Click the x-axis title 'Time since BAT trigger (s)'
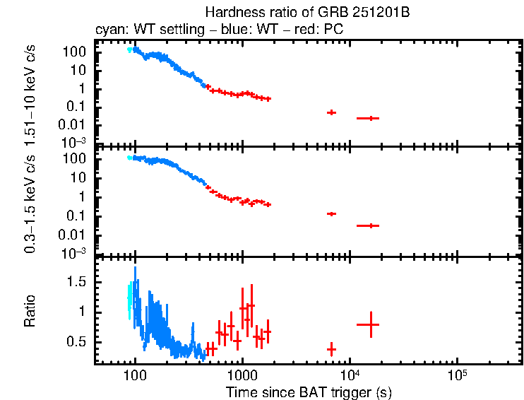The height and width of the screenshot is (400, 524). (x=309, y=392)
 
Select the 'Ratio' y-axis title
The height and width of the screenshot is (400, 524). (x=30, y=311)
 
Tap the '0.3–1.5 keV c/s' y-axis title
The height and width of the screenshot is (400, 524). (x=30, y=201)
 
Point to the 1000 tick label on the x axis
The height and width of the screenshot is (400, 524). (x=242, y=375)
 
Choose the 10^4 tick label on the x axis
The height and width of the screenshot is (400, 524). (x=350, y=373)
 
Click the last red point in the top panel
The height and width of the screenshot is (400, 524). (x=368, y=118)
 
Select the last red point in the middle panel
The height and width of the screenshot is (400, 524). (x=368, y=225)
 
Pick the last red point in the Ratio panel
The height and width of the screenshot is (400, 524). (x=368, y=324)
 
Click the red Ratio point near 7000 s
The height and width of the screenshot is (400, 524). (x=331, y=349)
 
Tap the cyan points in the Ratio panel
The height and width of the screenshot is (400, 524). (x=129, y=297)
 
